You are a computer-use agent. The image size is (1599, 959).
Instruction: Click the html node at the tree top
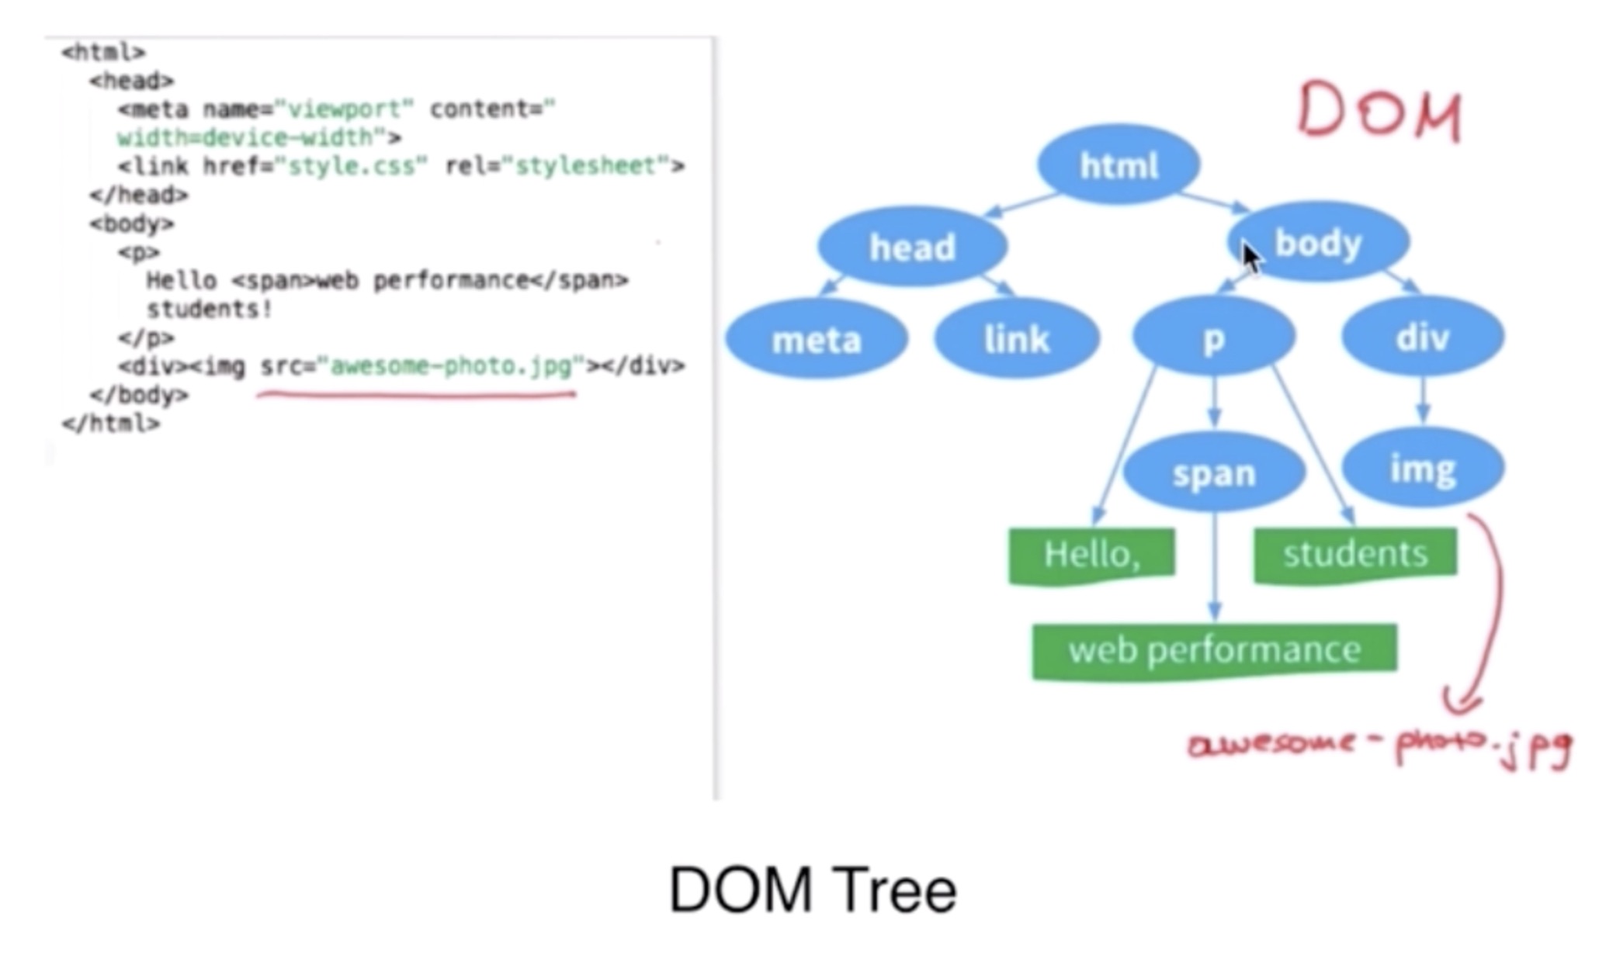pos(1119,164)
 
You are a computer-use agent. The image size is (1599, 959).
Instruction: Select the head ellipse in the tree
pos(912,247)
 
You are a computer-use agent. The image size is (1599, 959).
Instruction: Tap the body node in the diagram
pos(1319,243)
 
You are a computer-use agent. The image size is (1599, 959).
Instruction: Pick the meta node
pos(817,339)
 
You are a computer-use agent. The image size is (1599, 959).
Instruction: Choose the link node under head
pos(1016,339)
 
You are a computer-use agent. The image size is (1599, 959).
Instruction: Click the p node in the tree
pos(1213,337)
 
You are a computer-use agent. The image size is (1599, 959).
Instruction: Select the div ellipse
pos(1422,337)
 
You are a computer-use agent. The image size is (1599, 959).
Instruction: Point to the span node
pos(1214,472)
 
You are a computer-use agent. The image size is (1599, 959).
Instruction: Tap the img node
pos(1423,469)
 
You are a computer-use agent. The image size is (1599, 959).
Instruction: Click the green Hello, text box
pos(1091,554)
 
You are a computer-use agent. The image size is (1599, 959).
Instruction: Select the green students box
pos(1354,554)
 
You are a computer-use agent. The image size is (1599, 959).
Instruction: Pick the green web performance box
pos(1214,650)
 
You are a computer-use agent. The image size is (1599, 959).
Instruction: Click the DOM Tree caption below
pos(812,890)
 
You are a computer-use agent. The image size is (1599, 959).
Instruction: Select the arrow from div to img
pos(1422,400)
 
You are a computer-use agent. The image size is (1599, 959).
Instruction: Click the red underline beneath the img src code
pos(416,395)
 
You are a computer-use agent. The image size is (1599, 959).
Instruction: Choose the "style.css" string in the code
pos(356,166)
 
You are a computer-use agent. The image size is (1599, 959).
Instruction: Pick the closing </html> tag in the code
pos(111,424)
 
